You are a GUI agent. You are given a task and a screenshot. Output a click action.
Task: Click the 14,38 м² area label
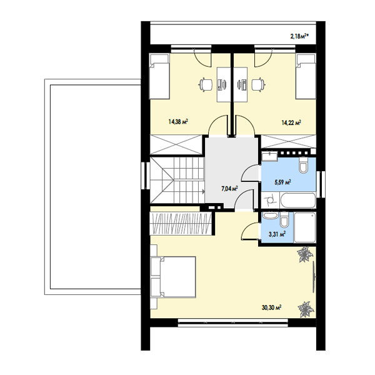tap(178, 122)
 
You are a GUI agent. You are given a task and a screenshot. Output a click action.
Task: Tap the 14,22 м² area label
tap(291, 122)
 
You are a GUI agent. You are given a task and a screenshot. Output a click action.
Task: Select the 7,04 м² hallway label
tap(229, 189)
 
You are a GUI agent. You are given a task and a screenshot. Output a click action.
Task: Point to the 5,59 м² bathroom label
tap(282, 182)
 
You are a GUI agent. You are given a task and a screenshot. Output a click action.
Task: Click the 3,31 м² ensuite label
tap(277, 234)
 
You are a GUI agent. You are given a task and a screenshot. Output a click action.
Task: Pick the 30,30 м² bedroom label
tap(271, 307)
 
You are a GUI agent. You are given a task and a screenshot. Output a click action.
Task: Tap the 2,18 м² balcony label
tap(299, 36)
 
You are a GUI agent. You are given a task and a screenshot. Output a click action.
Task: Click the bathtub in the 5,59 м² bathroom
tap(298, 201)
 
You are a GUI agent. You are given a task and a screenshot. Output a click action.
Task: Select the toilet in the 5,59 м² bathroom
tap(304, 165)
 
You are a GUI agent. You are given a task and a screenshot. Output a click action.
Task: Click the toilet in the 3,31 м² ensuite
tap(284, 220)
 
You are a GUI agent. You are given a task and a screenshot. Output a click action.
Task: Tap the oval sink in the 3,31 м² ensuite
tap(270, 216)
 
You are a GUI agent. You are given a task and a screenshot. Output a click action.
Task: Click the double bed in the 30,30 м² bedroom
tap(173, 277)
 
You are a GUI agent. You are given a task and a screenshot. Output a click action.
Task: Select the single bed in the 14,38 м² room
tap(159, 76)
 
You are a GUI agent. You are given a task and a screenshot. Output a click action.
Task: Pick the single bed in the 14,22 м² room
tap(306, 76)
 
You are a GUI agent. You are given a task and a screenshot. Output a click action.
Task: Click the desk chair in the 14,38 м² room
tap(206, 84)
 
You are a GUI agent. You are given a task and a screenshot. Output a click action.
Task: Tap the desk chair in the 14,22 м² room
tap(258, 84)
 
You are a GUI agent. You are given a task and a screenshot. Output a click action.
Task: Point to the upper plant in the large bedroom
tap(305, 255)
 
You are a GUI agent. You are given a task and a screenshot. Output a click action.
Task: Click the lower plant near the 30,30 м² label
tap(306, 309)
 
